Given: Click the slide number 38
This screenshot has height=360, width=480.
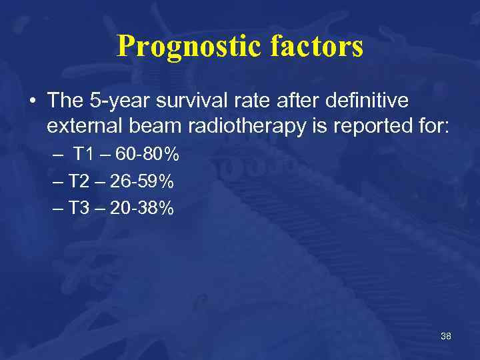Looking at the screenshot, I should point(446,336).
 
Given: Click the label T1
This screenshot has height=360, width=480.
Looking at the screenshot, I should point(84,155).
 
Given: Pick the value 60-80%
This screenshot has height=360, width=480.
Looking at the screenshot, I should point(147,155).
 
